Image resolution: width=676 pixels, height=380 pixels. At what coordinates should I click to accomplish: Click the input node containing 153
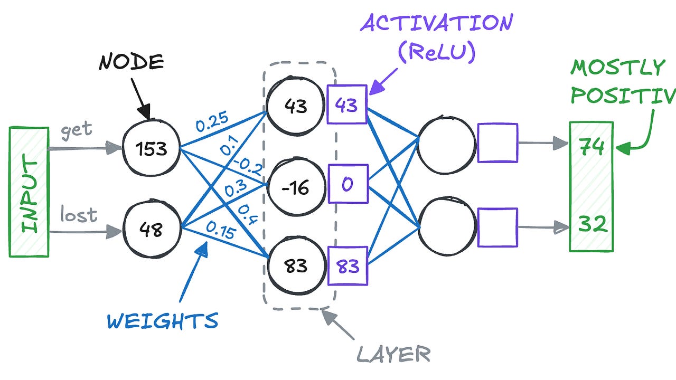coord(152,148)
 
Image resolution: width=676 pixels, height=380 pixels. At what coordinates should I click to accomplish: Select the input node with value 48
coord(152,230)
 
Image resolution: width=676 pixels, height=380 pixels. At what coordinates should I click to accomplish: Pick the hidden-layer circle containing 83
coord(295,265)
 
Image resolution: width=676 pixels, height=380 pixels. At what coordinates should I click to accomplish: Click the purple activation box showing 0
coord(348,184)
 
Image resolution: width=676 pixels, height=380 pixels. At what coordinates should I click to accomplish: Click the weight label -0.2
coord(249,167)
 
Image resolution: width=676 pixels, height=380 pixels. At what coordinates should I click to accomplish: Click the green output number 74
coord(591,147)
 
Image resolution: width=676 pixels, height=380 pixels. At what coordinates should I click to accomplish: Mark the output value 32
coord(591,225)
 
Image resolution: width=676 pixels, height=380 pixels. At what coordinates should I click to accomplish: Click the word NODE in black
coord(132,62)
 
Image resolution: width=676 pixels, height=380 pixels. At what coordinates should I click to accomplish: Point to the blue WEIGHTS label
coord(162,321)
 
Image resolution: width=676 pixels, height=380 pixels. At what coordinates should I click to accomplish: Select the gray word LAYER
coord(393,354)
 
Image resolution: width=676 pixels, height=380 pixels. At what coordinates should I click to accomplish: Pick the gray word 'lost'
coord(78,215)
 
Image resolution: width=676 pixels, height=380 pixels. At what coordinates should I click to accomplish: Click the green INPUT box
coord(29,192)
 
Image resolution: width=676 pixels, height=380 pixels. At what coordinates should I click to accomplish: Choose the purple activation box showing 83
coord(347,265)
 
